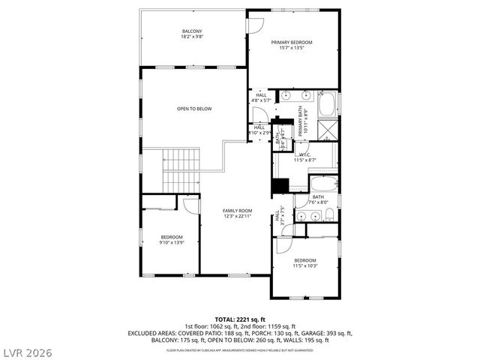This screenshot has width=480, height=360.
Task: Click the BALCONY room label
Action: click(192, 31)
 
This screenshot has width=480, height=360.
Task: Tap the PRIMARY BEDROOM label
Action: click(292, 42)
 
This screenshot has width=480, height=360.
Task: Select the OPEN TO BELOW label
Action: click(194, 109)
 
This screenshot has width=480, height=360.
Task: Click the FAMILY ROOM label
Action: click(237, 210)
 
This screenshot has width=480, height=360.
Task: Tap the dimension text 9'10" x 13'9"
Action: click(171, 242)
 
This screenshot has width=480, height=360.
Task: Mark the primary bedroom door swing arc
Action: click(255, 24)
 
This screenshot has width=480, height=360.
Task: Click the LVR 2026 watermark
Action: click(26, 350)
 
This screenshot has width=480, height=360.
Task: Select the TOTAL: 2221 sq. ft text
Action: click(239, 319)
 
